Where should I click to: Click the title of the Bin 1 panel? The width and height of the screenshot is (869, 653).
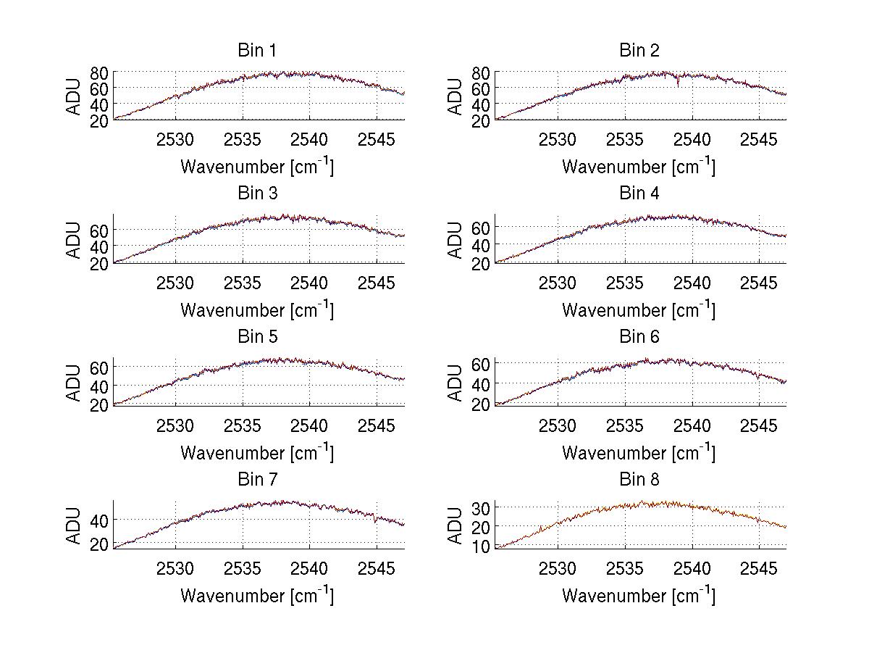[256, 50]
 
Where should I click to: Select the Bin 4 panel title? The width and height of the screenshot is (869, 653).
[639, 193]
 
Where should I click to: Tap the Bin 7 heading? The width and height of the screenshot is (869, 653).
[256, 479]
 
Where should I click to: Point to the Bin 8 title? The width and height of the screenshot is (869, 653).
[639, 479]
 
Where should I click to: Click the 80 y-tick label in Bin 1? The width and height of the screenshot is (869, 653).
[99, 73]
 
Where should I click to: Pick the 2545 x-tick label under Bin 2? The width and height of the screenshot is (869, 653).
[759, 139]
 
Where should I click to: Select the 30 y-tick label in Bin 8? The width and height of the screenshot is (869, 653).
[481, 508]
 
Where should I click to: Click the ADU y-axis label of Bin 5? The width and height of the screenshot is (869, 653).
[74, 383]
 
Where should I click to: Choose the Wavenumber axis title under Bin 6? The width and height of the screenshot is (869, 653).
[639, 453]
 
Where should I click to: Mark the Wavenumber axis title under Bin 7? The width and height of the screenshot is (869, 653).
[256, 596]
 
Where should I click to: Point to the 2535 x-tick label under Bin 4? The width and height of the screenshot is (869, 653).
[624, 283]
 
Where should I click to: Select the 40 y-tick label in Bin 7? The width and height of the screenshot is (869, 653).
[99, 520]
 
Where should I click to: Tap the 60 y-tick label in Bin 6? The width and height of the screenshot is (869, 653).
[481, 363]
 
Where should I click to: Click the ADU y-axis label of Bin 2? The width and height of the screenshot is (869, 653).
[456, 96]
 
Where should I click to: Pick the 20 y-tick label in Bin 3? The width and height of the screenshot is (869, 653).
[99, 264]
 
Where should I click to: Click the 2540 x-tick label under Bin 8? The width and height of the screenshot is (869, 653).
[692, 568]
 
